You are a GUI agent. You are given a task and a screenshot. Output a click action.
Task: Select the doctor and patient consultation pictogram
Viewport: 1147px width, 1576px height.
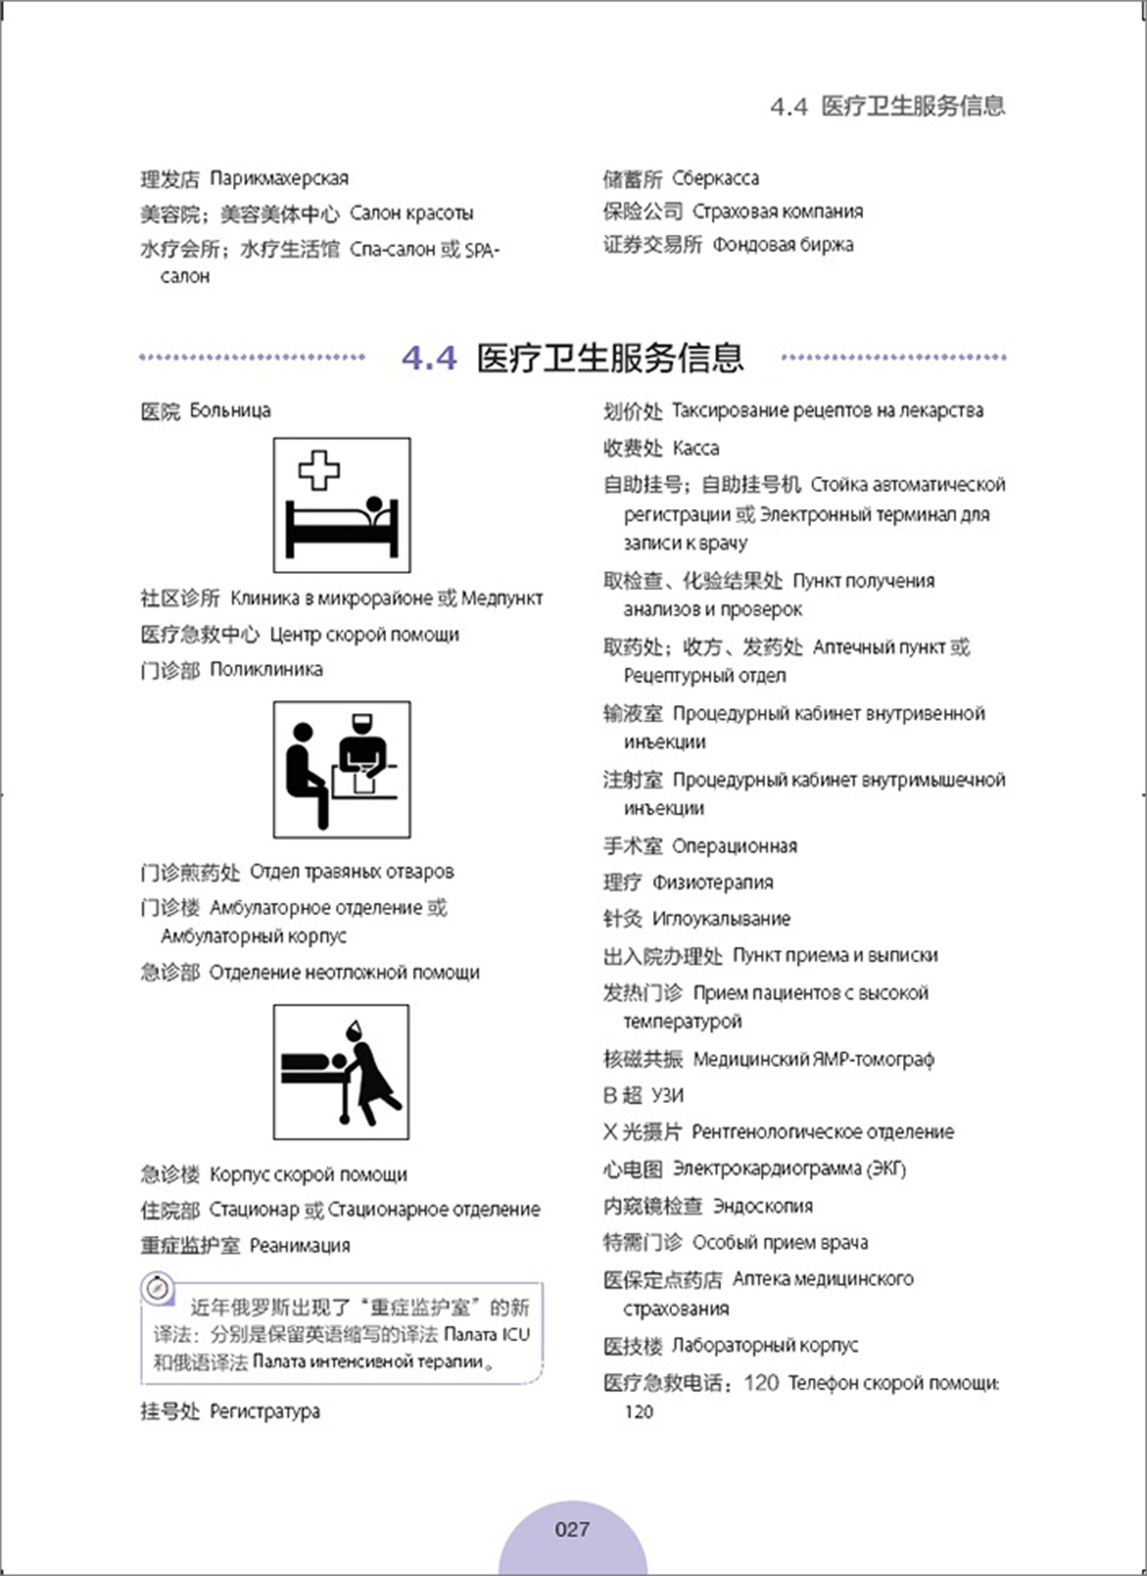coord(342,769)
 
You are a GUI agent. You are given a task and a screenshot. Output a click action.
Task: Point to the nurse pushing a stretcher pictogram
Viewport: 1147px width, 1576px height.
coord(342,1072)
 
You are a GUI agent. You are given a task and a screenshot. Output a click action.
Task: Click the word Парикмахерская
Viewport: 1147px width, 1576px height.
coord(279,179)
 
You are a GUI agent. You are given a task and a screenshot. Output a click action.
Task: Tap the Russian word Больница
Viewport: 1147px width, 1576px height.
coord(230,410)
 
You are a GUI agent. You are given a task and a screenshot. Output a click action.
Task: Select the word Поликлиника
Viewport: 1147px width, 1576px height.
coord(266,670)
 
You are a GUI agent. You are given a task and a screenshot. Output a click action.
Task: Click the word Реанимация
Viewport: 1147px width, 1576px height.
coord(300,1245)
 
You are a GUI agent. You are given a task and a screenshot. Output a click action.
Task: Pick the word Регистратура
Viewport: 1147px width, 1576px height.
coord(265,1411)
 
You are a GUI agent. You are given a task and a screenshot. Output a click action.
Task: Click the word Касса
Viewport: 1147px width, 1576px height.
coord(696,448)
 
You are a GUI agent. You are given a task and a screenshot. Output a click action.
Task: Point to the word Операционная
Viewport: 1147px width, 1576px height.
coord(735,846)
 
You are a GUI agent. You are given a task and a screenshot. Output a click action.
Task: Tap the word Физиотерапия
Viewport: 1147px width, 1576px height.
coord(713,882)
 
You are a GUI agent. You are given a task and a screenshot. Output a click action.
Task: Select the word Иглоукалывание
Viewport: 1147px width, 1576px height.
coord(721,919)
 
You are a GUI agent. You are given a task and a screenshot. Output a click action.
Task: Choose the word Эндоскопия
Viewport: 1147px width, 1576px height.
coord(763,1206)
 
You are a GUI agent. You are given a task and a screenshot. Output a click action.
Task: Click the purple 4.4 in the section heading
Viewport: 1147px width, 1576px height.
coord(429,358)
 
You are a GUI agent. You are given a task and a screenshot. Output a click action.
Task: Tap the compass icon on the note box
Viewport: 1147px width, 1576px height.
coord(158,1289)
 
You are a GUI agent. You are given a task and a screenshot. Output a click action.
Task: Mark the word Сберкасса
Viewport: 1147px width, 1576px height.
coord(716,179)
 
